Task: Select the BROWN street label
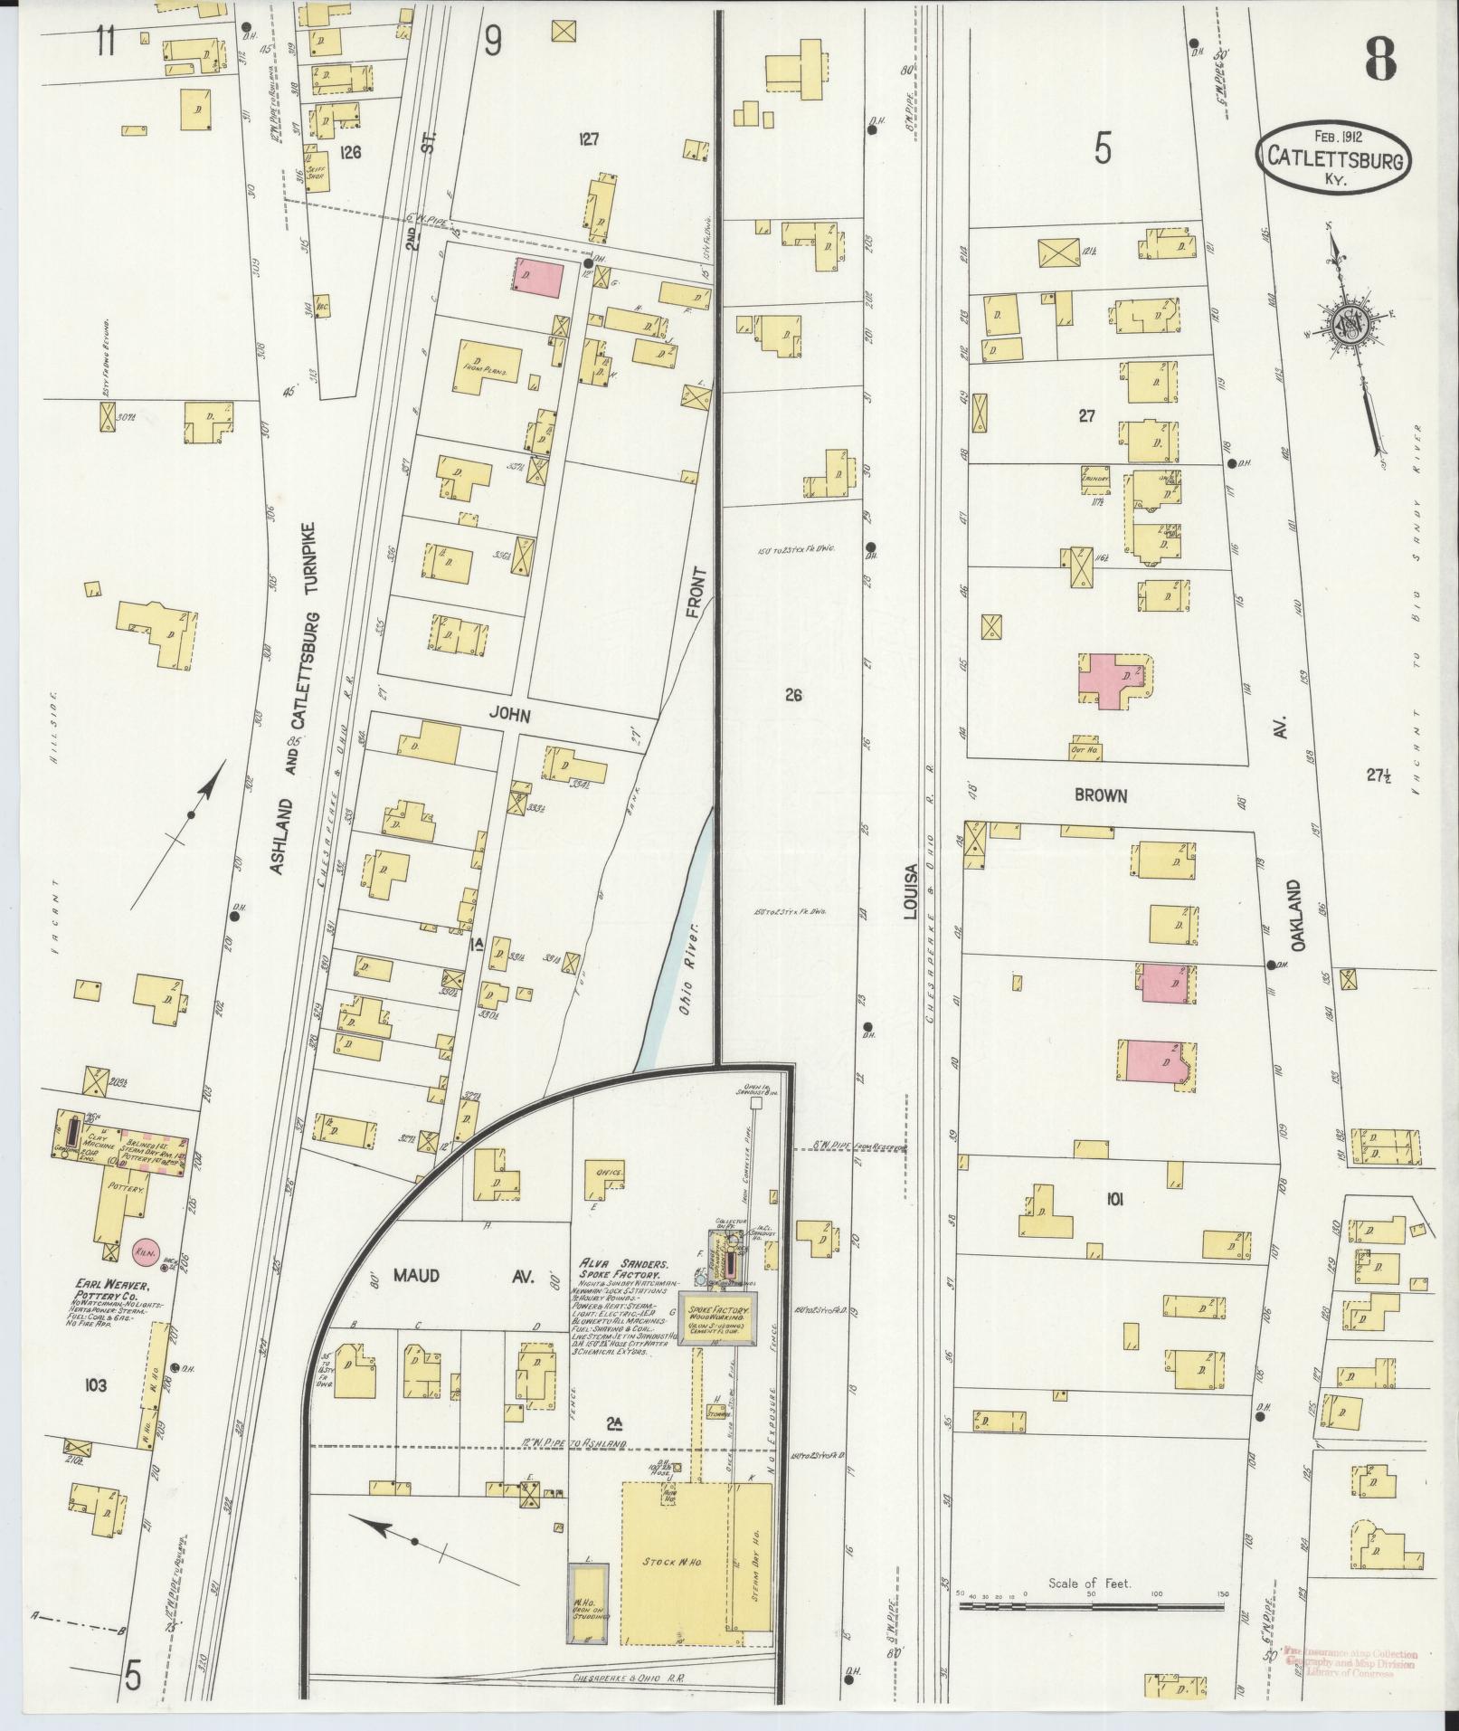[x=1100, y=796]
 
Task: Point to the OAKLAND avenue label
[x=1298, y=915]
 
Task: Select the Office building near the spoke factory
[x=604, y=1174]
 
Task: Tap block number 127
[x=589, y=138]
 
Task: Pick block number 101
[x=1113, y=1200]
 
